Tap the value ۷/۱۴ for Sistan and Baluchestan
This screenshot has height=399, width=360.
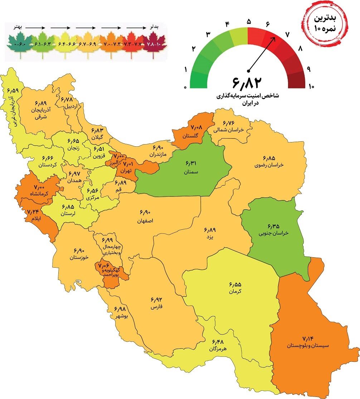click(307, 338)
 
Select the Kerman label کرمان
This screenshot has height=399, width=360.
click(235, 292)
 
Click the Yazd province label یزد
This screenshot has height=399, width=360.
click(209, 237)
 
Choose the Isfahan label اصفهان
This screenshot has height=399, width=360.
click(145, 221)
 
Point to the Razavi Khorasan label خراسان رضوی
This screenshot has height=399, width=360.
click(269, 165)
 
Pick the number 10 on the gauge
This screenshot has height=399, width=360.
click(311, 86)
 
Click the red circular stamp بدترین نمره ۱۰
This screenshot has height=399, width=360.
click(325, 23)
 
